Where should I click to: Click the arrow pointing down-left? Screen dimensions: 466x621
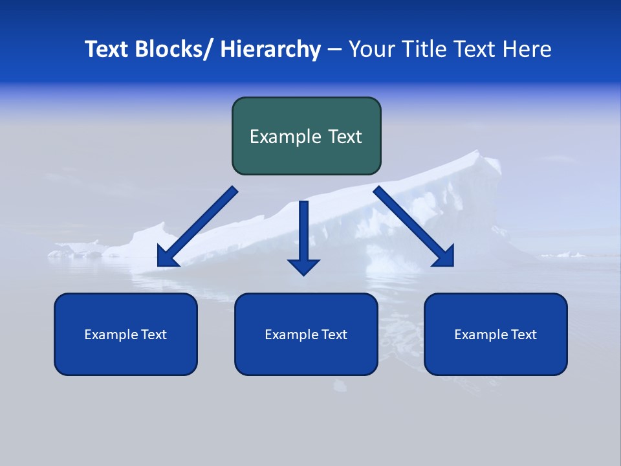[197, 227]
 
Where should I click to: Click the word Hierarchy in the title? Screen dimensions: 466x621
[270, 49]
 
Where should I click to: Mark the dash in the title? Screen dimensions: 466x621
[334, 50]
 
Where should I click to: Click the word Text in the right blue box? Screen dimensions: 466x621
[523, 335]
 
